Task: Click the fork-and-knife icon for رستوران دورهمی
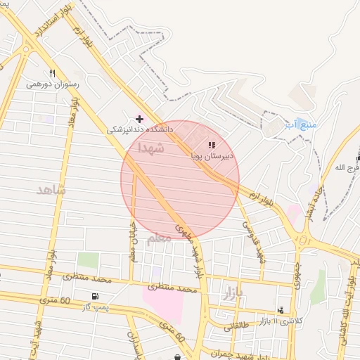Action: click(x=52, y=73)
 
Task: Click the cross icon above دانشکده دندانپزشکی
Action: click(x=139, y=118)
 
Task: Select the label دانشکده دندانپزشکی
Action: click(x=140, y=129)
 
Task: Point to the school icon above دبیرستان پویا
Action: click(x=212, y=145)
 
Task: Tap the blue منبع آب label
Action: click(x=301, y=124)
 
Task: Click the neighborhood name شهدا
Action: click(x=151, y=148)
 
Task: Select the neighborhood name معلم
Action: click(x=159, y=238)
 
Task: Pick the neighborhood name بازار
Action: click(x=232, y=292)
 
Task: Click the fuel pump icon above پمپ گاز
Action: click(x=95, y=296)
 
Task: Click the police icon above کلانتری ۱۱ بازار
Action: click(x=281, y=309)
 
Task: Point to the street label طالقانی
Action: click(x=237, y=326)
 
